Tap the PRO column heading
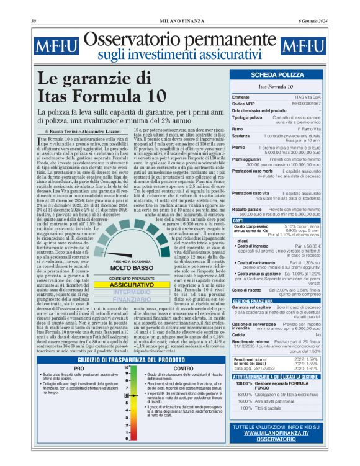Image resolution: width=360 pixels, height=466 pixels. click(79, 369)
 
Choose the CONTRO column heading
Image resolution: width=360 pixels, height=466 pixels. click(183, 369)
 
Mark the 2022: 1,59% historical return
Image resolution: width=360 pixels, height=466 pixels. click(307, 359)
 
